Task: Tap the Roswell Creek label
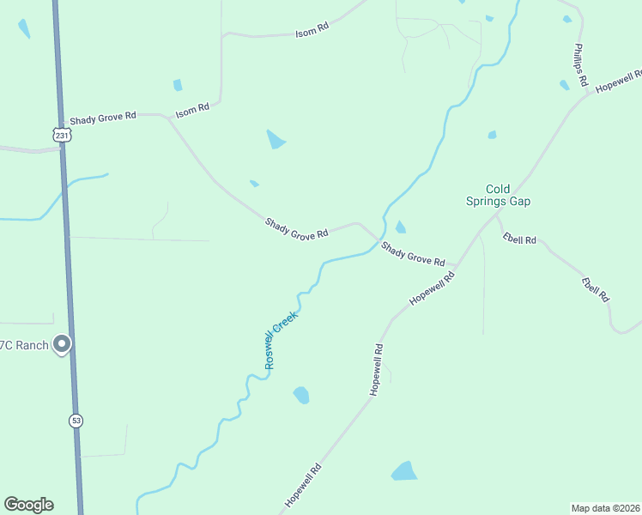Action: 281,340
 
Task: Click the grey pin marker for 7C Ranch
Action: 62,344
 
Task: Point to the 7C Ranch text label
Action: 22,345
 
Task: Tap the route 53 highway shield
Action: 76,421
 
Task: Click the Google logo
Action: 28,505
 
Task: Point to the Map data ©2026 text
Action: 605,507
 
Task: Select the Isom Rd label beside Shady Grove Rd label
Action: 192,111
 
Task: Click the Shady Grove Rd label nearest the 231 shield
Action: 103,117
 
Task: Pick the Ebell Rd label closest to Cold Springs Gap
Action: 519,239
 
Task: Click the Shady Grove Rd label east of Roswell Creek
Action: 413,254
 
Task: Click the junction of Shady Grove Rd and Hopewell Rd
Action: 456,266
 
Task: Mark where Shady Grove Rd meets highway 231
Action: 62,115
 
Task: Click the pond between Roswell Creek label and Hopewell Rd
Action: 301,395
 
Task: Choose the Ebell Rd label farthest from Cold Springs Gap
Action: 595,289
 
